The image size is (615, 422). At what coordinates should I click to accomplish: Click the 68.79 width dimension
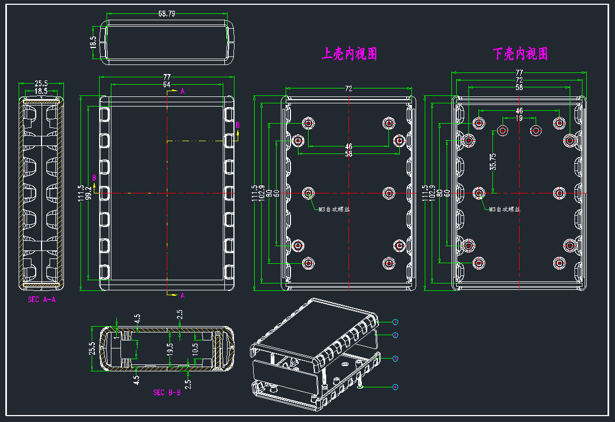tap(167, 14)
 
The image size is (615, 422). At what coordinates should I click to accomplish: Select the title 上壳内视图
tap(349, 54)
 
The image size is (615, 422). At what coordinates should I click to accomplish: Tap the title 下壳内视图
tap(520, 54)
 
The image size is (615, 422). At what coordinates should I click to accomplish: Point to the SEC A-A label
tap(42, 300)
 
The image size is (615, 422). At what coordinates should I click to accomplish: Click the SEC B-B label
tap(167, 393)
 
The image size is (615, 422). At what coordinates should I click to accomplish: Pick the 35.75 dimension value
tap(493, 161)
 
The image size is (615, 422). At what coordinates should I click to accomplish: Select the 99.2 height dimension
tap(88, 192)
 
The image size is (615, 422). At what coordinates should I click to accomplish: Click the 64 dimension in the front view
tap(167, 85)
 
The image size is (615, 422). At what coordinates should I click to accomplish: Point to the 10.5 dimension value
tap(195, 349)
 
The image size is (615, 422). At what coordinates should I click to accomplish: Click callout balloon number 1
tap(395, 322)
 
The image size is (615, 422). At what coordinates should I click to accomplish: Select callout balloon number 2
tap(395, 335)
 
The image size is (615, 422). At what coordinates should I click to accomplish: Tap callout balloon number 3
tap(395, 359)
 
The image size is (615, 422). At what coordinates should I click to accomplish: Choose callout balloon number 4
tap(395, 387)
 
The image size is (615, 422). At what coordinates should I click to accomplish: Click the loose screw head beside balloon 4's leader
tap(361, 387)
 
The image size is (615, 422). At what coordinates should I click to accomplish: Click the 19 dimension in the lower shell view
tap(519, 118)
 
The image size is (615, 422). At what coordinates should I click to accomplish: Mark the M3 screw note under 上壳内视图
tap(334, 209)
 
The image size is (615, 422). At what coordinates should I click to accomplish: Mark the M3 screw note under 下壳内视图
tap(504, 209)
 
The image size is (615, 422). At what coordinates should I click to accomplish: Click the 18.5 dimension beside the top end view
tap(94, 42)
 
